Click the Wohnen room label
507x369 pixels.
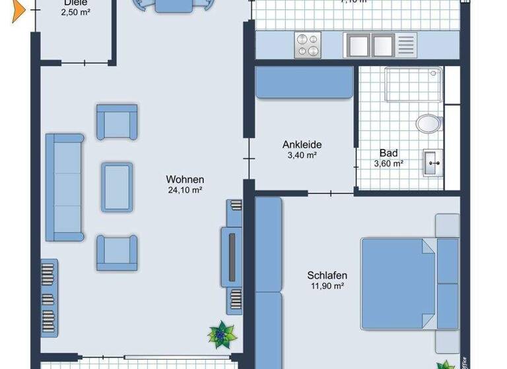tap(185, 179)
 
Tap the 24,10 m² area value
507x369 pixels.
tap(185, 190)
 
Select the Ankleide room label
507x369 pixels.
tap(302, 145)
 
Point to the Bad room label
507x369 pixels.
tap(388, 153)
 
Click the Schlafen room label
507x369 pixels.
tap(327, 275)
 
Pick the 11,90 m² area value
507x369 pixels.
tap(327, 286)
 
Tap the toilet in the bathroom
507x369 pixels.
tap(429, 123)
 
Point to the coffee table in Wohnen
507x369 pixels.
tap(117, 186)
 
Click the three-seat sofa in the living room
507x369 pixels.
tap(64, 186)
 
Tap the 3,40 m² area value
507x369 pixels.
tap(302, 156)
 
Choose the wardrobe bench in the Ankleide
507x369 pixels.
tap(304, 84)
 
